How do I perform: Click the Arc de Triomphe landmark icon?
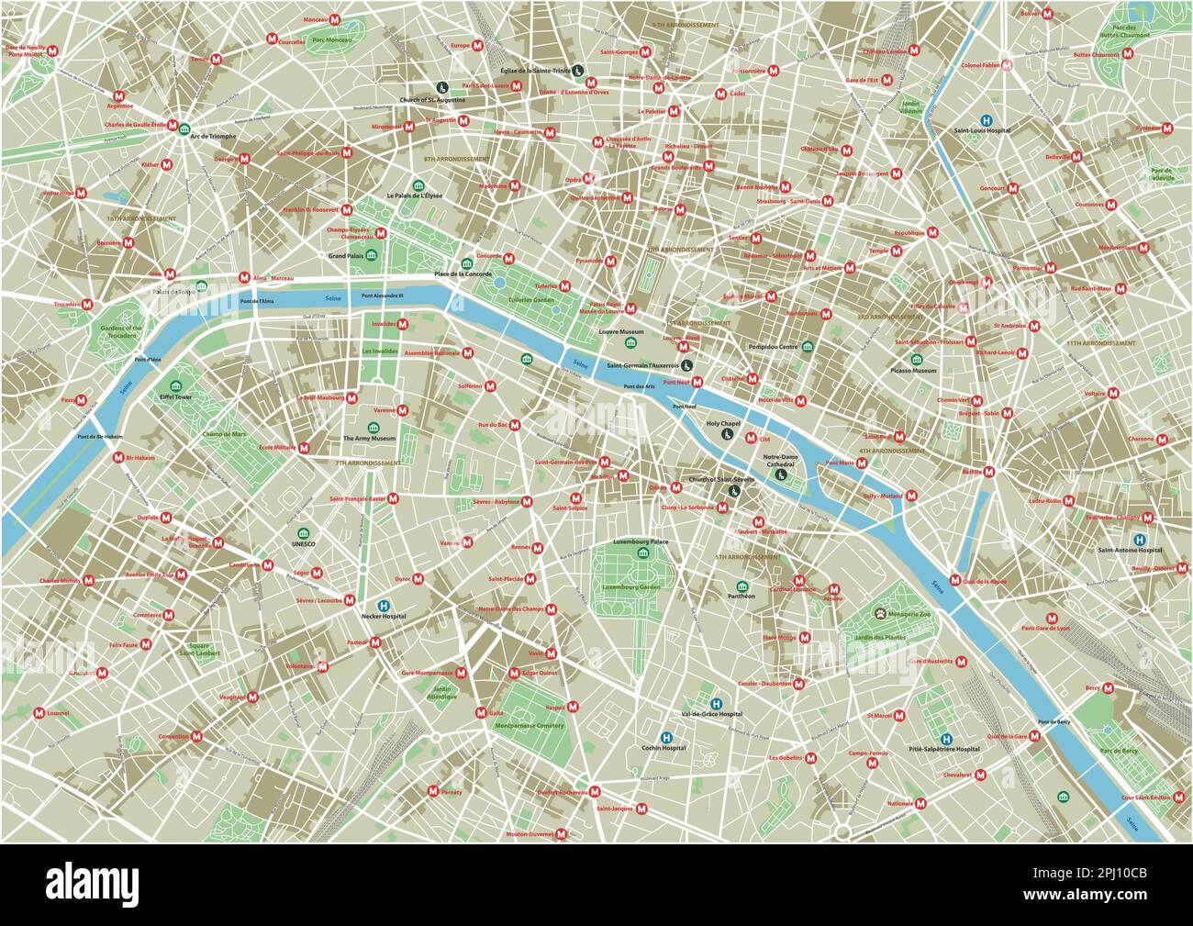pyautogui.click(x=185, y=129)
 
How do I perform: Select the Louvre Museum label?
pyautogui.click(x=621, y=330)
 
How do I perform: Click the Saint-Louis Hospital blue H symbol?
pyautogui.click(x=987, y=119)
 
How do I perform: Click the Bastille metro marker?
pyautogui.click(x=990, y=473)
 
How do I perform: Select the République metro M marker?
pyautogui.click(x=933, y=233)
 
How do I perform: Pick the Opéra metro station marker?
pyautogui.click(x=590, y=179)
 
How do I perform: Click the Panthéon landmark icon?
pyautogui.click(x=742, y=586)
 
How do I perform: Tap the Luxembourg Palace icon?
pyautogui.click(x=641, y=553)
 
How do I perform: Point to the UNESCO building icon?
pyautogui.click(x=303, y=533)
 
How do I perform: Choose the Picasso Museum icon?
pyautogui.click(x=917, y=359)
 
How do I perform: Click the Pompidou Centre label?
pyautogui.click(x=774, y=347)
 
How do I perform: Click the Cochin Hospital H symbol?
pyautogui.click(x=666, y=737)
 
